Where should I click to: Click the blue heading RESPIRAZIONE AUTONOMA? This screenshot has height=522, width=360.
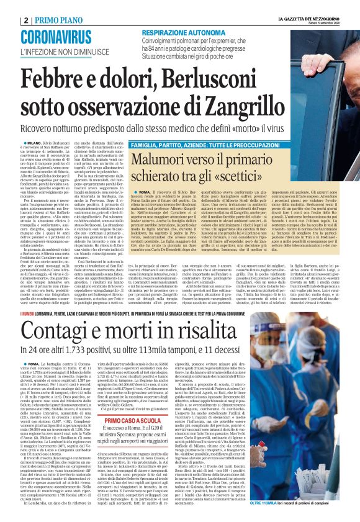(184, 32)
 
